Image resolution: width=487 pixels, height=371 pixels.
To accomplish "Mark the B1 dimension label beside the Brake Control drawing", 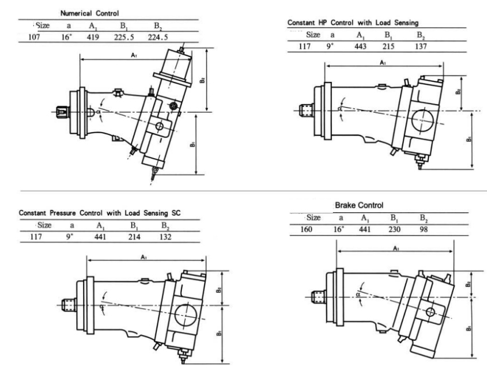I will (469, 329).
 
